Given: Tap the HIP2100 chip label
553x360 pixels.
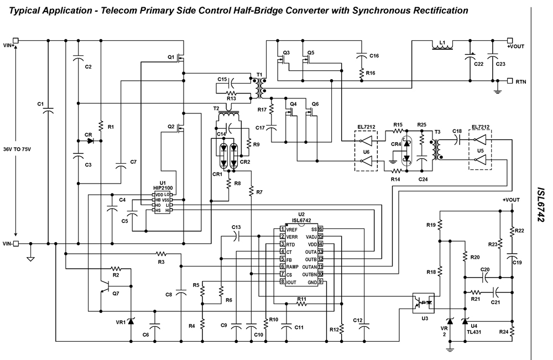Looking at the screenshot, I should point(163,188).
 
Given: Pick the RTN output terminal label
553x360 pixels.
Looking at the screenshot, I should point(521,82).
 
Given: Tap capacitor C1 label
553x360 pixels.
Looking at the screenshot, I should point(40,104).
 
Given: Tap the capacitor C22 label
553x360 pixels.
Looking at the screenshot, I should point(478,64).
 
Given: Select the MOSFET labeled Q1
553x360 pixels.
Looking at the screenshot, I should point(171,57).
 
